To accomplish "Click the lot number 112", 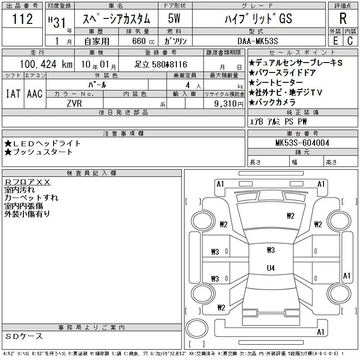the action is coord(22,19).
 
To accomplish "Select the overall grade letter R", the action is coord(343,18).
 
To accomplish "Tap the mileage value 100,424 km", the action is coord(46,64).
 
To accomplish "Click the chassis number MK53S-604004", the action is coord(302,143).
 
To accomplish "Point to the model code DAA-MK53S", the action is coord(257,41).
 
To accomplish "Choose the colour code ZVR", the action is coord(74,103).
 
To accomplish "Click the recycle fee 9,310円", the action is coord(229,104).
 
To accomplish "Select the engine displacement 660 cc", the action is coord(143,41).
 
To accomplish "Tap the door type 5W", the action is coord(174,18).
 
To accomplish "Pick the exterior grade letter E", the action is coord(335,41).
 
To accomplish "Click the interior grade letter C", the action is coord(350,41).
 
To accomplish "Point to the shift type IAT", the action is coord(13,94).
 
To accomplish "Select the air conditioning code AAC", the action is coord(35,94).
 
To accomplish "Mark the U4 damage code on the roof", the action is coord(271,268).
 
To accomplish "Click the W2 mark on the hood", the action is coord(290,216).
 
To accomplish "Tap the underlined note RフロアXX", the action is coord(27,182).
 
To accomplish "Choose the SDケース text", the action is coord(24,336).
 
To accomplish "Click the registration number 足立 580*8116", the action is coord(161,64).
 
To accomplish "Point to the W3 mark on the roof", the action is coord(271,250).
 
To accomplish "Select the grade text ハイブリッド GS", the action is coord(258,19).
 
